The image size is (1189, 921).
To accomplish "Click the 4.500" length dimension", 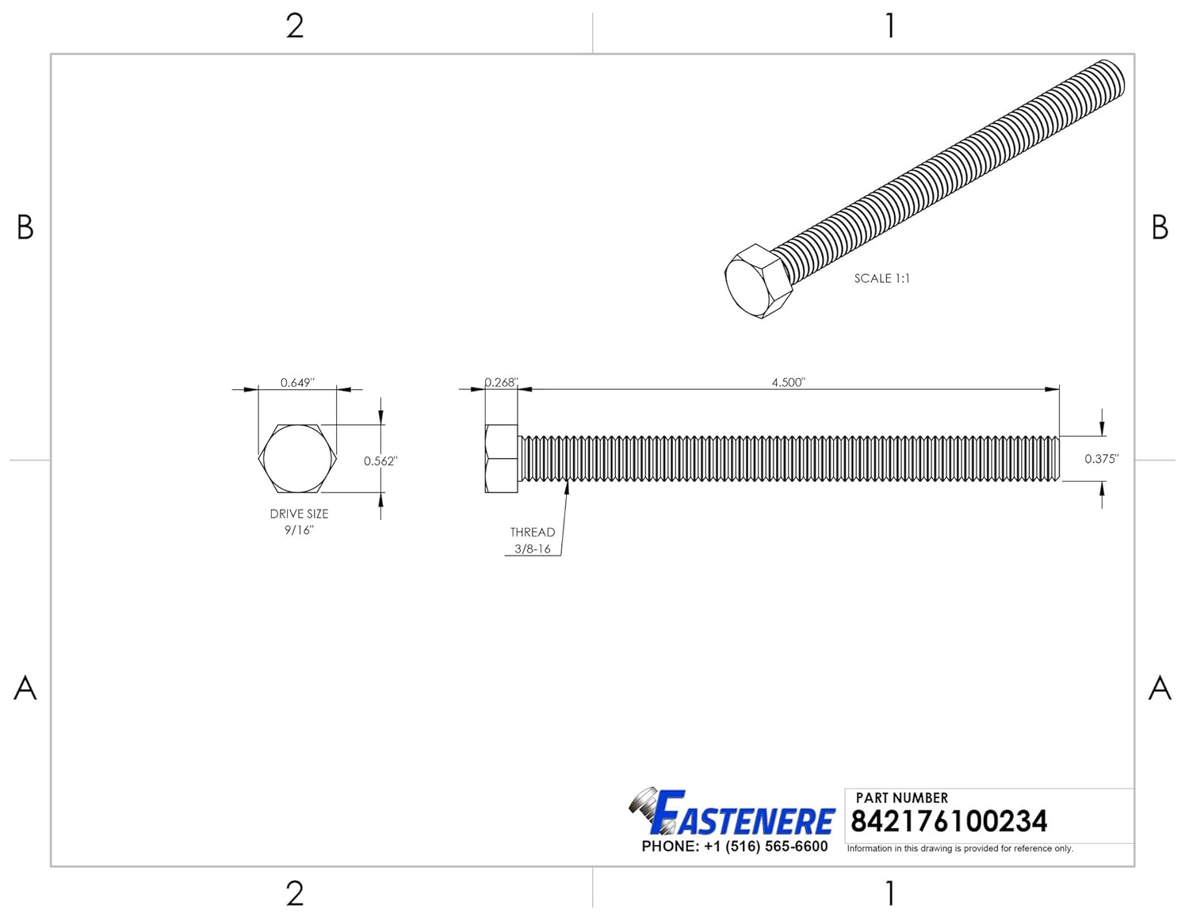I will point(788,382).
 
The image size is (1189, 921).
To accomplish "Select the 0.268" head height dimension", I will point(501,382).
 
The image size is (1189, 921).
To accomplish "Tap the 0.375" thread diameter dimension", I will point(1101,459).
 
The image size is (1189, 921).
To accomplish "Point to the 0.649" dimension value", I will point(297,383).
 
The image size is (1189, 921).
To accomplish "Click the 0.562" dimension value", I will point(380,461).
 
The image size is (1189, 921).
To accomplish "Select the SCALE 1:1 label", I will point(881,278).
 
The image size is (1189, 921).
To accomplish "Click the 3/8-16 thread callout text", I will point(532,548).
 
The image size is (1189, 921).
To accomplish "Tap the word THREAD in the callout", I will point(532,532).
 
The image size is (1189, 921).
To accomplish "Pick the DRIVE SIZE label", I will point(299,514).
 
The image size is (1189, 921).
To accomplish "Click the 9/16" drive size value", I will point(299,530).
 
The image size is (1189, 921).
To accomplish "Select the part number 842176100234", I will point(948,821).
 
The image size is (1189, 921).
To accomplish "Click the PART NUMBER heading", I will point(901,797).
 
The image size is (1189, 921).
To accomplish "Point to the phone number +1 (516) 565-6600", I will point(735,846).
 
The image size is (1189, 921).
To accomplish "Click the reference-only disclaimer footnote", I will point(960,848).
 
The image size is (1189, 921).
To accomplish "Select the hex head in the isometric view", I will point(758,282).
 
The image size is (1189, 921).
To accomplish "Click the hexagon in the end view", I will point(299,459).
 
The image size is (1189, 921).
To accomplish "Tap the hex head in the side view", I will point(501,459).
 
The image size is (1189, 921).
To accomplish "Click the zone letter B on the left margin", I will point(25,227).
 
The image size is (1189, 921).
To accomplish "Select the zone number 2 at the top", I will point(294,26).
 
